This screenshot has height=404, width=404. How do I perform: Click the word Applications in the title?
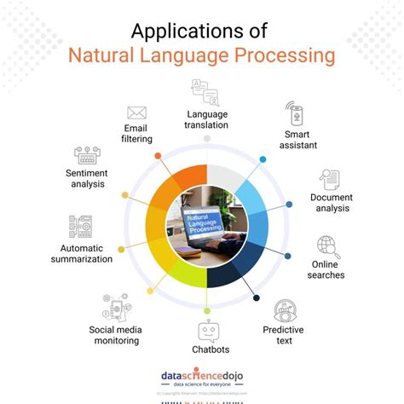click(x=175, y=32)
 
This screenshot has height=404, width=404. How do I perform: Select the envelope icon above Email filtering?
click(x=136, y=113)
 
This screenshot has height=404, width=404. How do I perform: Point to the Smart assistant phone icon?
click(x=293, y=114)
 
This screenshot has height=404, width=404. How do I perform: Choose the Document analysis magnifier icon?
click(x=330, y=180)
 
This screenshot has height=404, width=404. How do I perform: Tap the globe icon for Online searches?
click(x=326, y=248)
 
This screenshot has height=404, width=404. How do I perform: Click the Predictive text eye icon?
click(x=285, y=311)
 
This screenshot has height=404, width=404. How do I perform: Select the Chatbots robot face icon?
click(x=209, y=331)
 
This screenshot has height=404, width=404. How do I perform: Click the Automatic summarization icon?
click(x=81, y=227)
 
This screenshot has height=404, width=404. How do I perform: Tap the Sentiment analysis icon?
click(x=88, y=156)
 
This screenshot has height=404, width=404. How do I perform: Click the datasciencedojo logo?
click(x=202, y=378)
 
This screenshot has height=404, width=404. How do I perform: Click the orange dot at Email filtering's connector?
click(x=159, y=155)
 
